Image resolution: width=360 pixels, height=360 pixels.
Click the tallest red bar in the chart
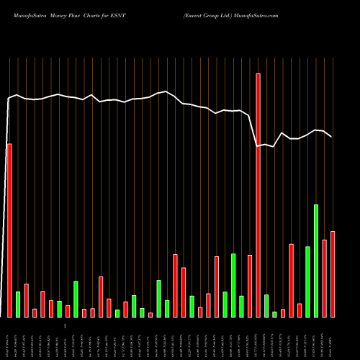pyautogui.click(x=258, y=194)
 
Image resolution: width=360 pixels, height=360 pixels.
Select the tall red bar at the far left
pyautogui.click(x=9, y=230)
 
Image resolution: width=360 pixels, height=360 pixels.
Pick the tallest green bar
pyautogui.click(x=316, y=261)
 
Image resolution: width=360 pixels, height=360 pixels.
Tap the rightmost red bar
pyautogui.click(x=333, y=274)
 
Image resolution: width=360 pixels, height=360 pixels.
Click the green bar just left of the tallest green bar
pyautogui.click(x=307, y=282)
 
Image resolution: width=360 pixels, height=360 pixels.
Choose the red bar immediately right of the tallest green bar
pyautogui.click(x=325, y=278)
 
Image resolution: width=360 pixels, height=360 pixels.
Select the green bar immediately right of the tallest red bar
pyautogui.click(x=266, y=305)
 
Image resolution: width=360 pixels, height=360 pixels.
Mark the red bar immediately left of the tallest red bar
pyautogui.click(x=250, y=286)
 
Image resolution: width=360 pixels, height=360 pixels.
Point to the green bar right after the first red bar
pyautogui.click(x=18, y=304)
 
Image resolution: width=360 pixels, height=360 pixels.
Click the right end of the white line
pyautogui.click(x=331, y=137)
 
